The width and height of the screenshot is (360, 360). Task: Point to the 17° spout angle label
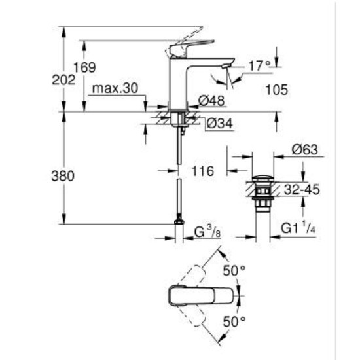(259, 65)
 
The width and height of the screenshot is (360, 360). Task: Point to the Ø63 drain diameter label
(305, 150)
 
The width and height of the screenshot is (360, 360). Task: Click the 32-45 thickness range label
(303, 190)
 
